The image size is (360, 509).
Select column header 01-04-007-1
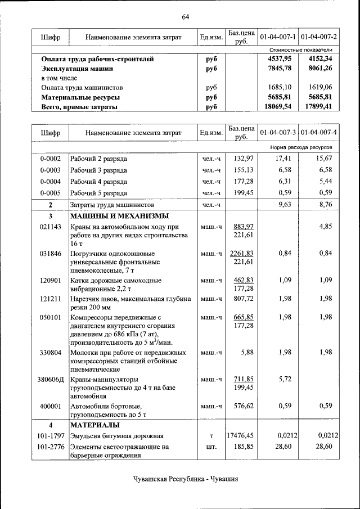pos(278,37)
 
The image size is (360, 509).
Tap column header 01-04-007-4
pos(318,133)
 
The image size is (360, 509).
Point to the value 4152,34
pos(320,58)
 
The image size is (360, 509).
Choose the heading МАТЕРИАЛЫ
pos(94,424)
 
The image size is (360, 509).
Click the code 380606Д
pos(50,379)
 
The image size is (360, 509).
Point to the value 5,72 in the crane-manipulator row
pos(283,379)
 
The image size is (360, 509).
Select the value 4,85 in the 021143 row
pos(325,227)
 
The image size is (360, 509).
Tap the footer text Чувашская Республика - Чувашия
pos(186,479)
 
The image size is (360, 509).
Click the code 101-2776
pos(50,447)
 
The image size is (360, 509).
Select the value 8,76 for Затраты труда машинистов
pos(325,205)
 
